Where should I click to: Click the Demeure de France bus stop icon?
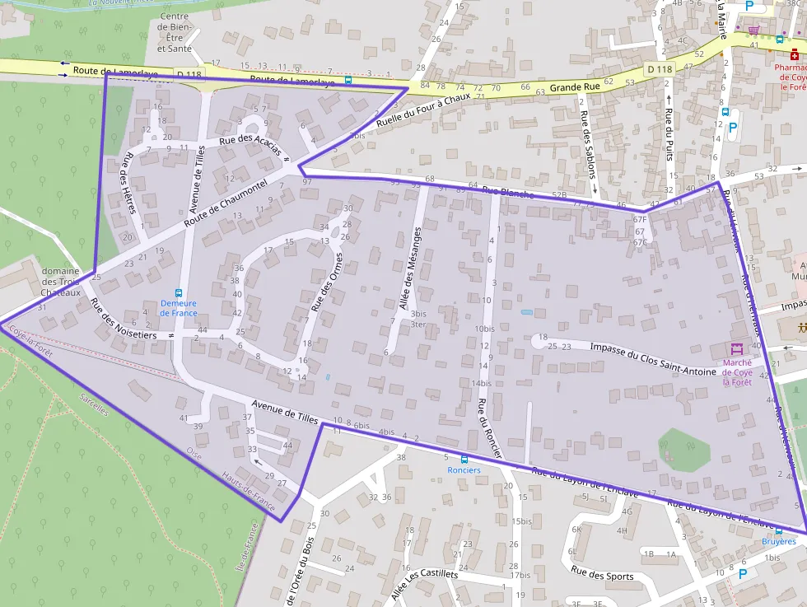179,292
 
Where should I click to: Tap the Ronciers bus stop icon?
464,460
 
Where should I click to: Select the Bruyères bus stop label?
778,541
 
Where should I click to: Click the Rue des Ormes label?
326,282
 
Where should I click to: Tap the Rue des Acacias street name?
250,144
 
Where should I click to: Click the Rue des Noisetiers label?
124,319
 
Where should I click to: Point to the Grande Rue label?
575,86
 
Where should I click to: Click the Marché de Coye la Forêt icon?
736,349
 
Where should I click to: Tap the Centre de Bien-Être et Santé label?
174,32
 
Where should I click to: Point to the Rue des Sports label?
603,576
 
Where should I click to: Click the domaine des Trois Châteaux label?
61,282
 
